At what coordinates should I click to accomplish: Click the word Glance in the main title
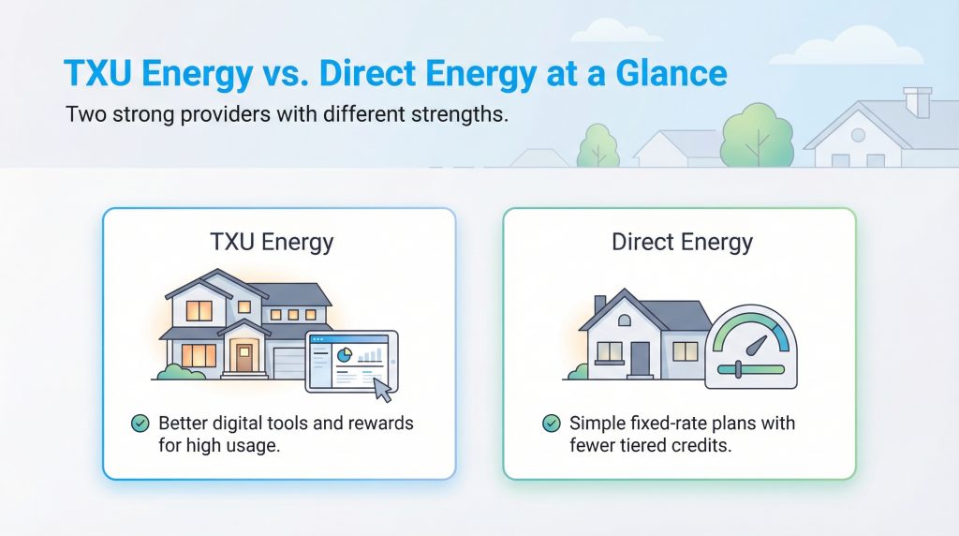point(662,74)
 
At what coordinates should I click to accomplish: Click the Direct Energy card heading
point(682,243)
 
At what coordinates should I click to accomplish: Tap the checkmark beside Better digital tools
point(140,424)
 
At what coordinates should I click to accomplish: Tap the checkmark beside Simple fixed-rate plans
point(552,424)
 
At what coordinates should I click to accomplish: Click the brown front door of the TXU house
point(245,357)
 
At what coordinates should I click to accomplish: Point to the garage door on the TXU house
point(287,362)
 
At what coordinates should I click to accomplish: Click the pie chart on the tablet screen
point(343,355)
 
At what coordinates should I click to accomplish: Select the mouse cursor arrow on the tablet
point(382,387)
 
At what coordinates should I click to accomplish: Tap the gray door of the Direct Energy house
point(641,356)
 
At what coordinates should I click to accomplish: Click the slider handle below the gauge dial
point(737,370)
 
